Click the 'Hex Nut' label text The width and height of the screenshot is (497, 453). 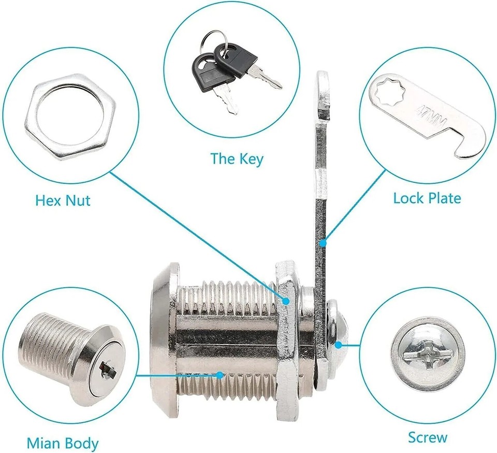(63, 200)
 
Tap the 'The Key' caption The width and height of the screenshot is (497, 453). (237, 159)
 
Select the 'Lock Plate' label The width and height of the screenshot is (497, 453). (427, 198)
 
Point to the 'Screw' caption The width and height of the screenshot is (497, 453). (427, 437)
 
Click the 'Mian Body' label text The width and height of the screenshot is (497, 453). (62, 444)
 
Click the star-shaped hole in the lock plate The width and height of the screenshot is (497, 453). (387, 93)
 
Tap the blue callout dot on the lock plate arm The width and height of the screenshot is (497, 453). (322, 242)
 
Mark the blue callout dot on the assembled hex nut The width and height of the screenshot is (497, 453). (286, 300)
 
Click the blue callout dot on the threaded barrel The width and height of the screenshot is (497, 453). (220, 374)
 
